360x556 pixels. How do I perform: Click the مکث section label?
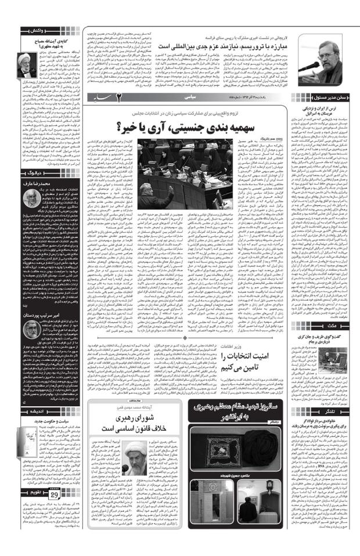[341, 328]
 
